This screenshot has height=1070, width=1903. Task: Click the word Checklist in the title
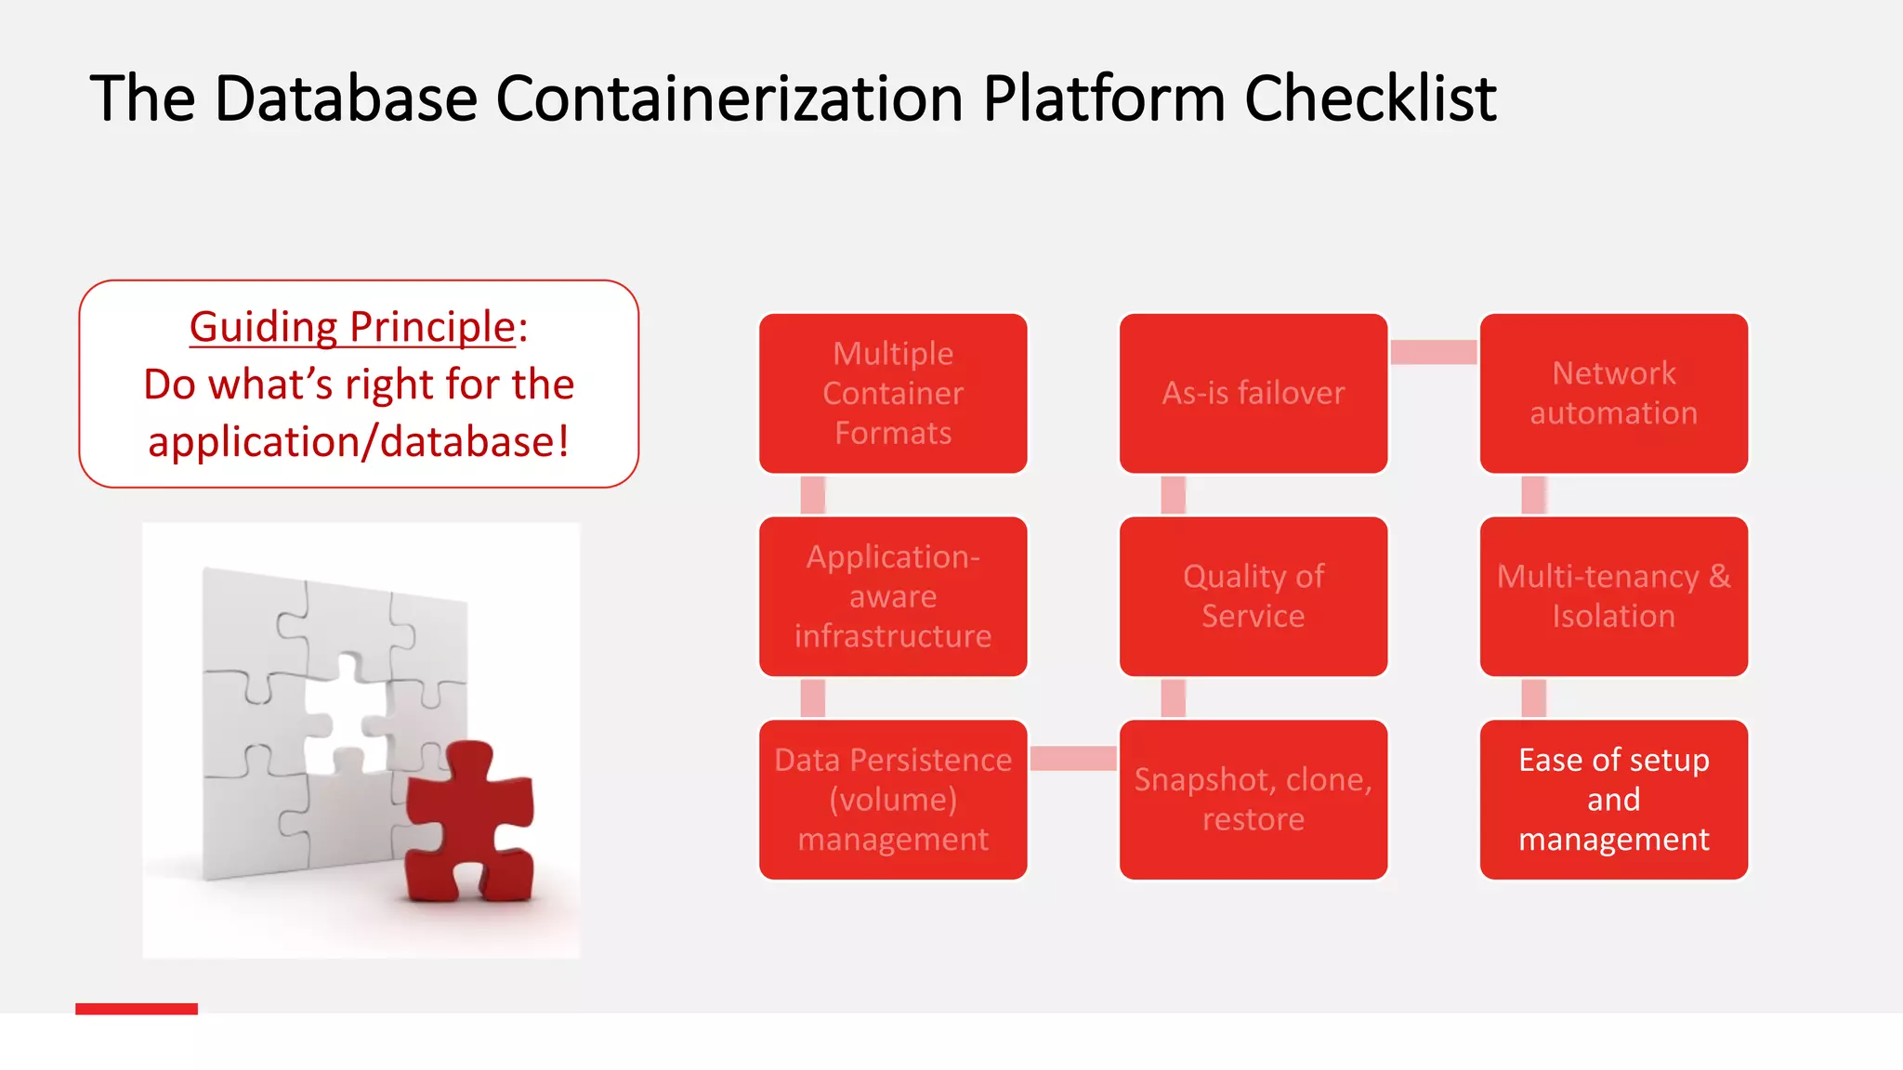1370,98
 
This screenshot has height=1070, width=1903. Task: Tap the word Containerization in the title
729,98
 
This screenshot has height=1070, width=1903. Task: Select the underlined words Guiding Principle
352,327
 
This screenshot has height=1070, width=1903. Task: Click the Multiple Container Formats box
893,393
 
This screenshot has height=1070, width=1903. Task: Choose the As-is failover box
1253,393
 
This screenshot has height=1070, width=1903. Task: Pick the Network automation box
1613,393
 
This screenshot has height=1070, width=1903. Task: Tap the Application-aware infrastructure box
893,596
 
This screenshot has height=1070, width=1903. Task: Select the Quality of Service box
1253,596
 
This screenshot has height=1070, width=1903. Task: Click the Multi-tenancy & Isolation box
1613,596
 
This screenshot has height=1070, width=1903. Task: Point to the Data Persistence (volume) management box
893,800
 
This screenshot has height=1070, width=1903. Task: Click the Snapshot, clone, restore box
1253,800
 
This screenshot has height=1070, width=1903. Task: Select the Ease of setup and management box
1613,800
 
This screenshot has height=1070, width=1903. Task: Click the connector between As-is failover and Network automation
1433,352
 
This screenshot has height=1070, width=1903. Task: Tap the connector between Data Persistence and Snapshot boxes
1073,758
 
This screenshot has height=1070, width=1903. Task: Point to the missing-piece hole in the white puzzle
345,715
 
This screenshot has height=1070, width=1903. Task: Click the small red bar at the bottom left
137,1009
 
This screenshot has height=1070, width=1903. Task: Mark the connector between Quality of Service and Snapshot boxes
1174,698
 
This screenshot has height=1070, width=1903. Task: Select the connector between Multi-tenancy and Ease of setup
1533,698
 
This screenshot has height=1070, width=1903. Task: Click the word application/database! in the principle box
359,442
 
